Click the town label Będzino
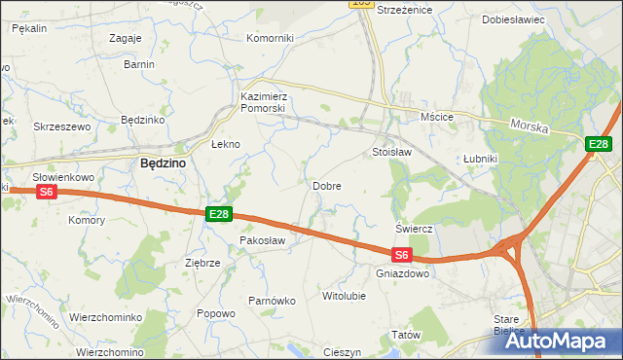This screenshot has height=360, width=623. (x=164, y=164)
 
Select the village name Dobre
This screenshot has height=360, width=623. (x=326, y=185)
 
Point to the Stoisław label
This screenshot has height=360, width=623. (x=392, y=153)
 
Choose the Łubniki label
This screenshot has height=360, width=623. (x=480, y=160)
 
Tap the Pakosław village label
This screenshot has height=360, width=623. (x=262, y=239)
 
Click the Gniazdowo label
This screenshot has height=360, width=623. (x=402, y=273)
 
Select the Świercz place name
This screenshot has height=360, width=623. (x=414, y=228)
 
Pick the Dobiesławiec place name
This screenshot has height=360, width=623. (x=513, y=19)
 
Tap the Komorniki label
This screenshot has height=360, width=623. (x=270, y=38)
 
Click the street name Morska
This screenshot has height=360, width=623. (x=531, y=127)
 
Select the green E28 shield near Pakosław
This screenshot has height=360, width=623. (x=219, y=214)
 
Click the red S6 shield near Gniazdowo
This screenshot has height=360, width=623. (x=403, y=256)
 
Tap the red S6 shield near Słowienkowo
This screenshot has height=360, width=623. (x=47, y=193)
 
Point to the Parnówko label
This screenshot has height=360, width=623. (x=272, y=301)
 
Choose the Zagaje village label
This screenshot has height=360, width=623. (x=127, y=38)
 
